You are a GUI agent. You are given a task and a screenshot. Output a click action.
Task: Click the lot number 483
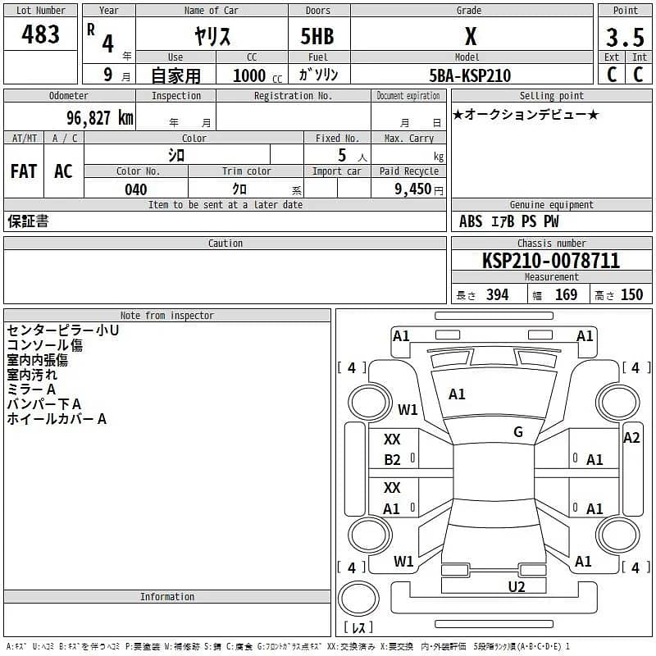[40, 34]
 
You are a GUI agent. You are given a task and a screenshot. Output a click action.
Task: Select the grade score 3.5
[625, 37]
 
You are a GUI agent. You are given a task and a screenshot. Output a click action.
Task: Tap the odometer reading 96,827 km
[99, 118]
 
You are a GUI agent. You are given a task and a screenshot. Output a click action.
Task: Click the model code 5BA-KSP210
[470, 75]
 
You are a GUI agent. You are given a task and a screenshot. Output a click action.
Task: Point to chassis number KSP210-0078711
[551, 261]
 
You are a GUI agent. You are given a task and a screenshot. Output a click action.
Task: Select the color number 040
[135, 189]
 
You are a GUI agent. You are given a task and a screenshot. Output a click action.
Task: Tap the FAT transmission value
[24, 171]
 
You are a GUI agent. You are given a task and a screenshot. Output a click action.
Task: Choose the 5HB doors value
[318, 37]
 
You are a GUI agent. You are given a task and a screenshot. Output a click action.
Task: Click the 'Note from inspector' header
[167, 315]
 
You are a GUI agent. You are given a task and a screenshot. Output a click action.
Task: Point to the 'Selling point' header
[551, 96]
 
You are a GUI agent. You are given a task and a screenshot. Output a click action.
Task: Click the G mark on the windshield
[518, 432]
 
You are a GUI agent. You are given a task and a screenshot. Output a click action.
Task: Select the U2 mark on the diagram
[516, 586]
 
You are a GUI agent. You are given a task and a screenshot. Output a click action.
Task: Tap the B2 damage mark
[392, 460]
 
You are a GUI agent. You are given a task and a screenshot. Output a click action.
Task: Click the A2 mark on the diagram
[631, 438]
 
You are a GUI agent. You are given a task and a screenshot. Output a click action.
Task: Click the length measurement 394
[497, 295]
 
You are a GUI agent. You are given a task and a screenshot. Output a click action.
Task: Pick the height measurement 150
[631, 295]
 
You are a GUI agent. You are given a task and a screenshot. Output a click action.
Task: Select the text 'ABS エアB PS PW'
[508, 221]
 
